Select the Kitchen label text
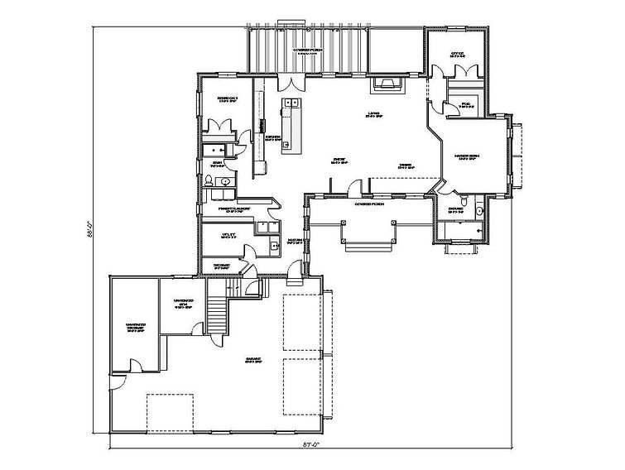point(273,137)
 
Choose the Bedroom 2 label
point(228,101)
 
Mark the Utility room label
point(230,235)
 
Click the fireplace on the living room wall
point(387,82)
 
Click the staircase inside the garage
point(218,315)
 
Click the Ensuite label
point(455,209)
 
